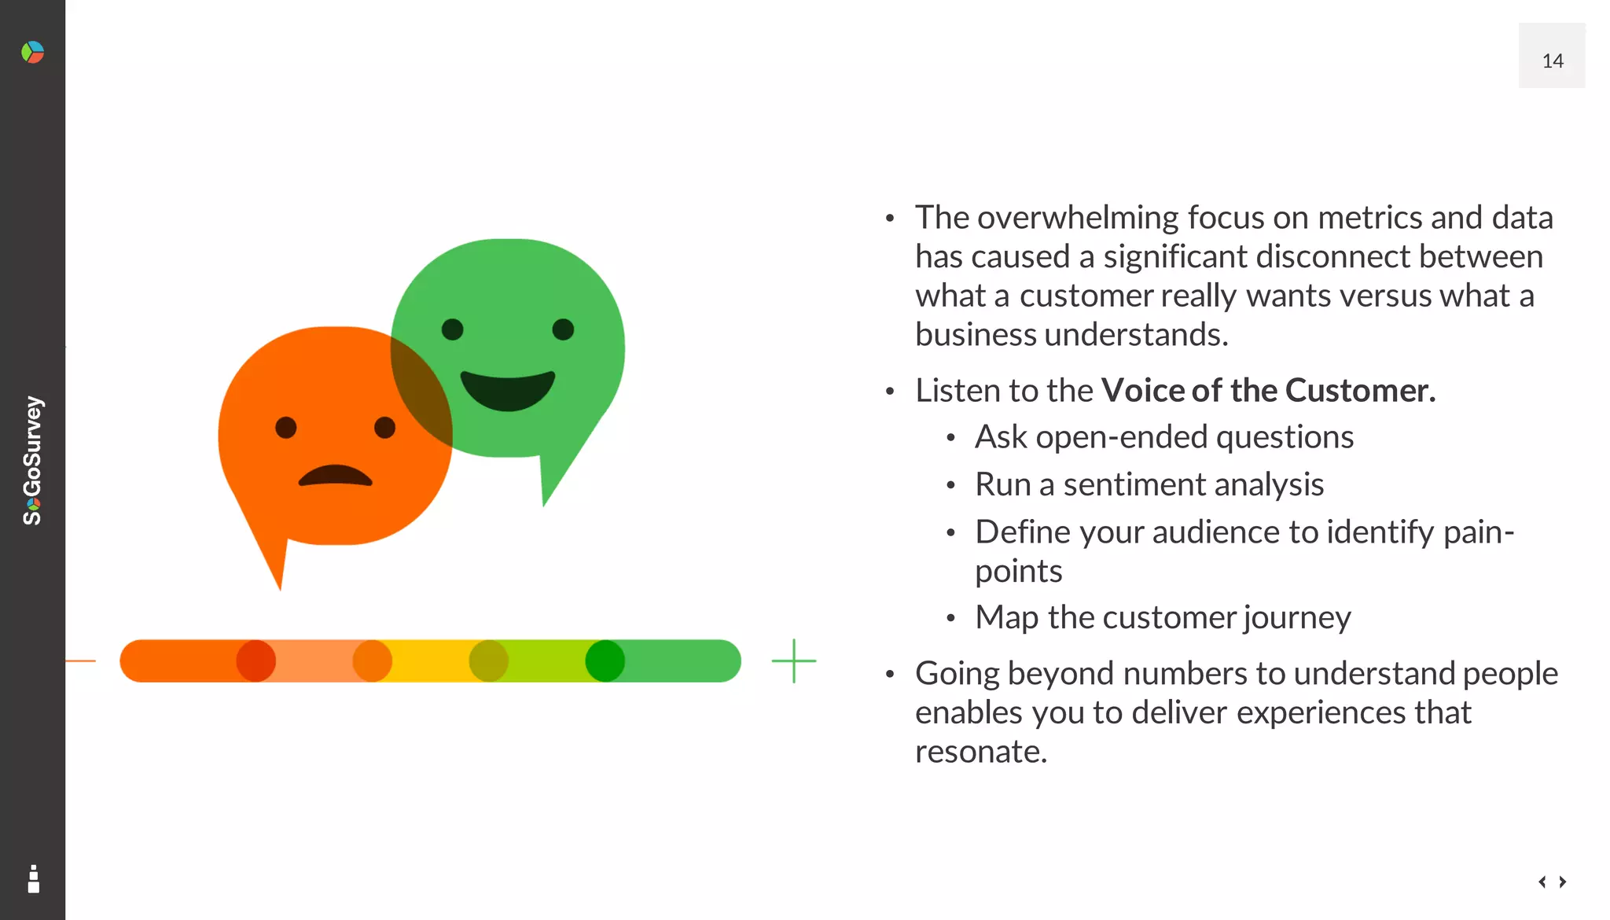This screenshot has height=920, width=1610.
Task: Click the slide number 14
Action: pyautogui.click(x=1552, y=61)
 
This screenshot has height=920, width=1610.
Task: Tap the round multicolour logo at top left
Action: pyautogui.click(x=32, y=53)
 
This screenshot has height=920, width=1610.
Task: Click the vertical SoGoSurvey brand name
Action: pyautogui.click(x=32, y=460)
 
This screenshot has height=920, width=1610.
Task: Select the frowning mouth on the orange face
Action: pyautogui.click(x=335, y=476)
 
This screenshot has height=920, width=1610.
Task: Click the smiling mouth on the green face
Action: pyautogui.click(x=507, y=390)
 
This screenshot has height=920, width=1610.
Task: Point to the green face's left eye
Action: pyautogui.click(x=453, y=329)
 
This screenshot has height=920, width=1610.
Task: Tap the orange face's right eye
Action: pyautogui.click(x=384, y=428)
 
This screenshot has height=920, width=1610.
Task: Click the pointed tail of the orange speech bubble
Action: pyautogui.click(x=275, y=566)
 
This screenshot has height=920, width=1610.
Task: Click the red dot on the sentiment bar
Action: pyautogui.click(x=256, y=661)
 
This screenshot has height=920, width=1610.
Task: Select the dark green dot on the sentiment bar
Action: pyautogui.click(x=605, y=661)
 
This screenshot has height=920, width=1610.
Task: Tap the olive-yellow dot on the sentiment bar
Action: pyautogui.click(x=488, y=661)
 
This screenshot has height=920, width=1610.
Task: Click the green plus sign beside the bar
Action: pyautogui.click(x=794, y=661)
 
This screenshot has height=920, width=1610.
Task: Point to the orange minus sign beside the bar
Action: pyautogui.click(x=80, y=661)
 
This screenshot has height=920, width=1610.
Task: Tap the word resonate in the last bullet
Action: pyautogui.click(x=980, y=752)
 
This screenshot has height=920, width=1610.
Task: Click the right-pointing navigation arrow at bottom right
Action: pyautogui.click(x=1563, y=881)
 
